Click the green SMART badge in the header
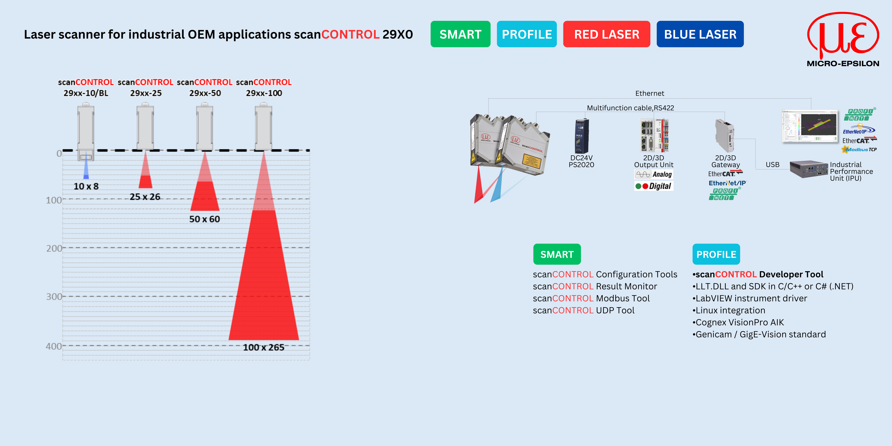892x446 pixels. tap(460, 34)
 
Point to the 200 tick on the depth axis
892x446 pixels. tap(54, 248)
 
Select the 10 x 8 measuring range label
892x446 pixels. tap(86, 186)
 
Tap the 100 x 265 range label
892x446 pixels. tap(264, 347)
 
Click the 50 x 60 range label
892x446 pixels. tap(205, 219)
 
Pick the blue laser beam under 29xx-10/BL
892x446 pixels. tap(86, 166)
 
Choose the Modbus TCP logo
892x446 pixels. tap(859, 149)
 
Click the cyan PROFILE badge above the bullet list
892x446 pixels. tap(716, 254)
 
